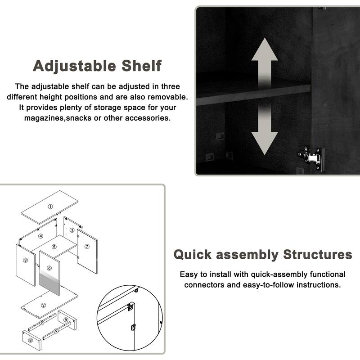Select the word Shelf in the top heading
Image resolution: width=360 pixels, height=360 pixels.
tap(141, 66)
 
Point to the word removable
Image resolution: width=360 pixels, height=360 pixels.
tap(167, 97)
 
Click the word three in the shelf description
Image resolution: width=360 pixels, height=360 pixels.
tap(171, 86)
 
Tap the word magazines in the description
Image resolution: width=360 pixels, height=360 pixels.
tap(45, 118)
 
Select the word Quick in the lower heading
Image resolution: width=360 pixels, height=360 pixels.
tap(193, 255)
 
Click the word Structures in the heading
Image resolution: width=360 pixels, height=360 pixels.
tap(318, 254)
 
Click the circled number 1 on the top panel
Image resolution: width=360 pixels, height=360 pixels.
tap(50, 207)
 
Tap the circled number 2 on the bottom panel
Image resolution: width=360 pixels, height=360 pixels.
tap(43, 305)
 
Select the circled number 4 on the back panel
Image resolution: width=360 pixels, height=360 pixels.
tap(40, 236)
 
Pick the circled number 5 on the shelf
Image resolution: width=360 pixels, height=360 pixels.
tap(54, 247)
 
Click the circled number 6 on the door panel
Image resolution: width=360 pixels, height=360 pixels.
tap(49, 268)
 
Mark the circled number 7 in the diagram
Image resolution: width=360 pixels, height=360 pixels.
tap(87, 246)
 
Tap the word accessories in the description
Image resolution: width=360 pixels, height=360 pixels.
tap(148, 118)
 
